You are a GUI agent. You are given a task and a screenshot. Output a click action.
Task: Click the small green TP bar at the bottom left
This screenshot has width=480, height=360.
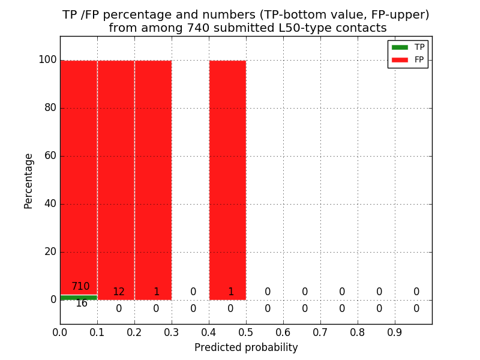click(79, 298)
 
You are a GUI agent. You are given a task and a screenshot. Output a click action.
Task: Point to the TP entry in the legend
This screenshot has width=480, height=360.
click(409, 47)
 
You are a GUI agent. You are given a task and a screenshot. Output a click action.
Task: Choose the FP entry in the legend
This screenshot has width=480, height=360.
click(409, 59)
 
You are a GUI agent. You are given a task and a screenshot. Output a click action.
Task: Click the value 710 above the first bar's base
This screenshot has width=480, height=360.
click(80, 287)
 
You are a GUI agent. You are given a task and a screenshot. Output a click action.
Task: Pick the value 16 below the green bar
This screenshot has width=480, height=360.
click(81, 304)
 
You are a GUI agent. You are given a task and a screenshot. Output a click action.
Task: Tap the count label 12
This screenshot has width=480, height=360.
click(118, 292)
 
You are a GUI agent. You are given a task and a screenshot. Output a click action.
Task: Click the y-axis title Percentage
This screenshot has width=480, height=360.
click(29, 181)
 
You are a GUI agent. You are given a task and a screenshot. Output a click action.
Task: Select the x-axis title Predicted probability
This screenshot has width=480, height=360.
click(246, 348)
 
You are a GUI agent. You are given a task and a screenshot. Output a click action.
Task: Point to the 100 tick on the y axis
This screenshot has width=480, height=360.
click(47, 60)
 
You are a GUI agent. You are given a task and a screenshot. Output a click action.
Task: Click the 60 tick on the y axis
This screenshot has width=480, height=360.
click(50, 156)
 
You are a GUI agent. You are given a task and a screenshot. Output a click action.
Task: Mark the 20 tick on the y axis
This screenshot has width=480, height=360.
click(50, 252)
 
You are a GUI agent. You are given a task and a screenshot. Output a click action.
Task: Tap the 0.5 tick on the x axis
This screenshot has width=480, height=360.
click(246, 332)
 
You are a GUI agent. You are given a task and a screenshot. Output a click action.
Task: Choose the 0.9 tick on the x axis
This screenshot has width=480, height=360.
click(395, 332)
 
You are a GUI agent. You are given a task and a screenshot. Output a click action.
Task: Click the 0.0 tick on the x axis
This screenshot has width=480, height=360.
click(60, 332)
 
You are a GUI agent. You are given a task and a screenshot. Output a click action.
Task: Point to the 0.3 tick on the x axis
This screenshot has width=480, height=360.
click(172, 332)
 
